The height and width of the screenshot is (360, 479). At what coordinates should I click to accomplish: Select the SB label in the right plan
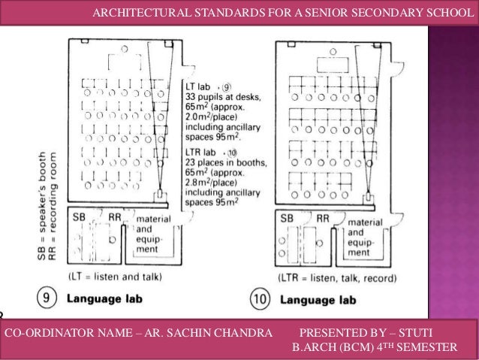(286, 218)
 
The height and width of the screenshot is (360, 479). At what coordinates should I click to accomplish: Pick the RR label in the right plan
(322, 218)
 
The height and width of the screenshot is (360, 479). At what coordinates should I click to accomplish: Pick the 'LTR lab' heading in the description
(200, 151)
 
